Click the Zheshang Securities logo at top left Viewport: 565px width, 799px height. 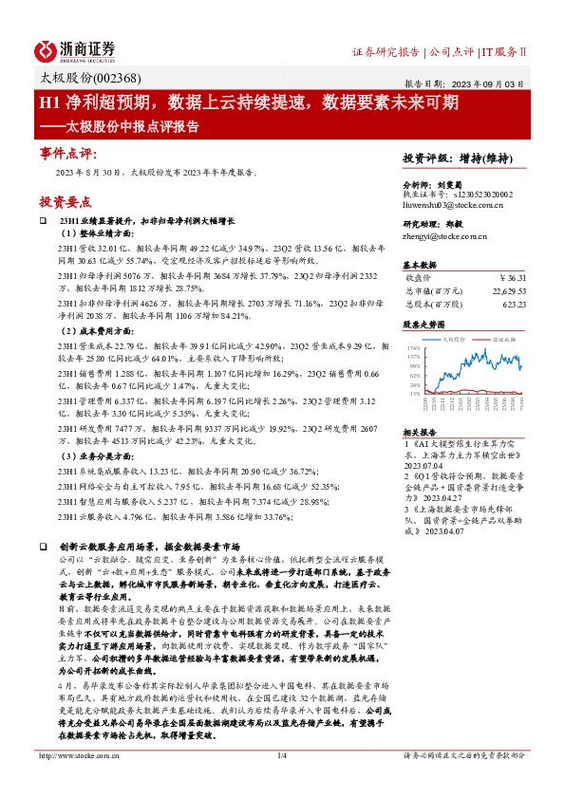[75, 49]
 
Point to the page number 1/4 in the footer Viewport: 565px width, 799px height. [281, 782]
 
